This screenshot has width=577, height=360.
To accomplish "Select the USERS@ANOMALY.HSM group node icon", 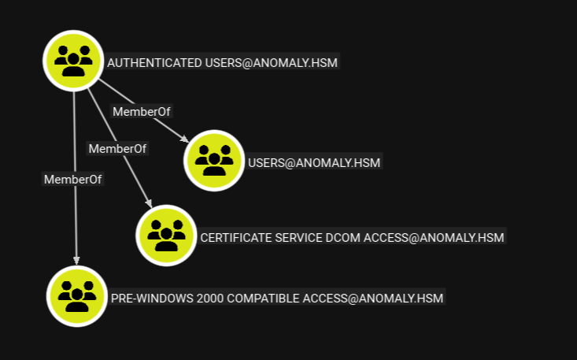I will tap(213, 161).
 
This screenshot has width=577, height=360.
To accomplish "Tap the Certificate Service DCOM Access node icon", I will tap(166, 236).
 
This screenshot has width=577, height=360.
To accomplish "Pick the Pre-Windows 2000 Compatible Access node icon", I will tap(76, 296).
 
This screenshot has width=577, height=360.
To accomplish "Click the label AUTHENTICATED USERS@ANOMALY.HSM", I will tap(223, 62).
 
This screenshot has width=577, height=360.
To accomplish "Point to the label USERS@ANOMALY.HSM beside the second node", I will tap(314, 163).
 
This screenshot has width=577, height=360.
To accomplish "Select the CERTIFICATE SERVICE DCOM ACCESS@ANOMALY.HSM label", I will tap(352, 237).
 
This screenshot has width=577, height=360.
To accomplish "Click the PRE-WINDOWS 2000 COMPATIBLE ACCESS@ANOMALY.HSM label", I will tap(277, 298).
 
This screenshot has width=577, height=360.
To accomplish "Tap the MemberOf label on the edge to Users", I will tap(141, 111).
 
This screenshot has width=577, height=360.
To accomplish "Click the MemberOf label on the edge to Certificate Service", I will tap(117, 148).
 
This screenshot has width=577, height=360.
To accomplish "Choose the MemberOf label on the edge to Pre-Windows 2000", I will tap(72, 179).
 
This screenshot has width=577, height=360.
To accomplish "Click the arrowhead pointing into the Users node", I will tap(185, 140).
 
